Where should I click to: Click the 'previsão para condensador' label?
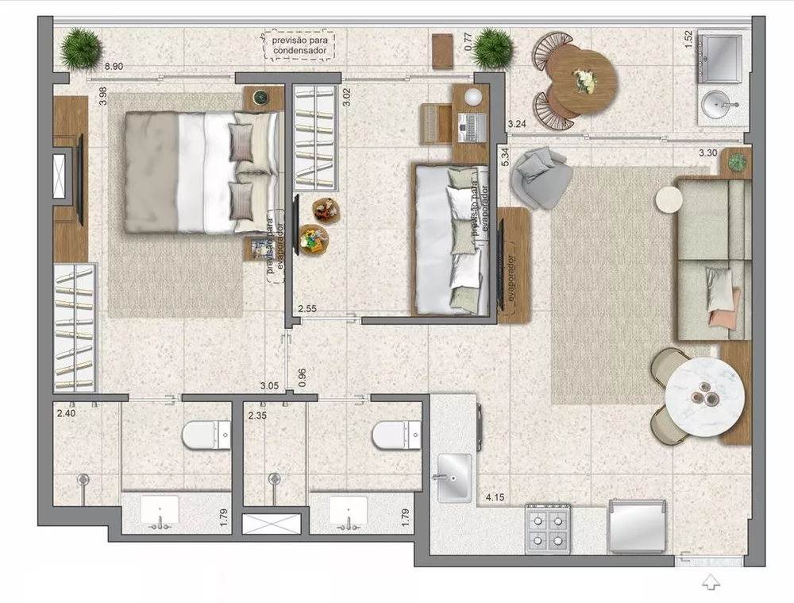(299, 44)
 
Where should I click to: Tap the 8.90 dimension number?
(114, 67)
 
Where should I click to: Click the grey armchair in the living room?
(542, 177)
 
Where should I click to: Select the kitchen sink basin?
(453, 477)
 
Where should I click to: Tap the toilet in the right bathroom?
(396, 435)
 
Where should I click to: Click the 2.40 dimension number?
(66, 414)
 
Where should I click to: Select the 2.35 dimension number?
(257, 416)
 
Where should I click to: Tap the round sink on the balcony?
(720, 103)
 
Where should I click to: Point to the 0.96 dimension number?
(302, 376)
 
